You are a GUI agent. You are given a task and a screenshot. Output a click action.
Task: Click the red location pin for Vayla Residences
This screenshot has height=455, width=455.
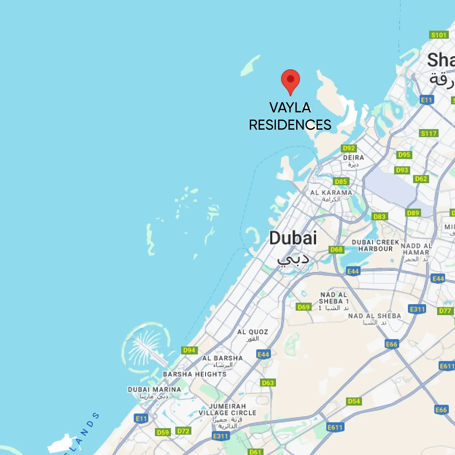[x=290, y=80]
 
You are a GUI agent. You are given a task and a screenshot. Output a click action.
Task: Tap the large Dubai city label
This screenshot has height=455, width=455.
[x=293, y=238]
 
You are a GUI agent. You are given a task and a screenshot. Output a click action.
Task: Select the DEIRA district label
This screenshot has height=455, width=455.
[x=353, y=158]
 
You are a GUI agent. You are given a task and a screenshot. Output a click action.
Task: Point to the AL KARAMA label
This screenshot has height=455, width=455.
[x=331, y=193]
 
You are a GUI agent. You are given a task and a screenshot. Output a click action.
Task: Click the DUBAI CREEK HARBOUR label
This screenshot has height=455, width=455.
[x=375, y=245]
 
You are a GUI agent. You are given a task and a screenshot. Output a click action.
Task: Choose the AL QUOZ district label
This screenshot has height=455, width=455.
[x=253, y=332]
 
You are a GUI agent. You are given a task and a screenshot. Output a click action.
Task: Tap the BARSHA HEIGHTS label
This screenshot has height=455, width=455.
[x=194, y=374]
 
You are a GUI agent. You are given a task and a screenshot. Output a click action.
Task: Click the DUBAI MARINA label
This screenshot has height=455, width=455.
[x=154, y=390]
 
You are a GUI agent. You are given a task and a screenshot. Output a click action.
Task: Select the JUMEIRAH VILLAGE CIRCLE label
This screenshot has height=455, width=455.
[x=227, y=410]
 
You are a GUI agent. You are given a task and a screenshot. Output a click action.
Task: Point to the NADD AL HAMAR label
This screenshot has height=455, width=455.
[x=416, y=249]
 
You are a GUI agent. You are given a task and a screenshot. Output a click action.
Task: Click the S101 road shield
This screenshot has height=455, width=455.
[x=439, y=35]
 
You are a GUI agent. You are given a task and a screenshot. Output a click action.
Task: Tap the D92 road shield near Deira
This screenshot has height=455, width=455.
[x=349, y=148]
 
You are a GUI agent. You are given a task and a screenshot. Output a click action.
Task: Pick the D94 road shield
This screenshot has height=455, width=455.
[x=189, y=350]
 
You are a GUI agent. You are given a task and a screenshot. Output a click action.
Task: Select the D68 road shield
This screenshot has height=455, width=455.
[x=336, y=250]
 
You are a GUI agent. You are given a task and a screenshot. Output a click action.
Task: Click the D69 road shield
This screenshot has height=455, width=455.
[x=304, y=307]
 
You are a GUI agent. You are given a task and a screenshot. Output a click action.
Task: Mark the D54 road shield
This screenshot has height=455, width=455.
[x=354, y=401]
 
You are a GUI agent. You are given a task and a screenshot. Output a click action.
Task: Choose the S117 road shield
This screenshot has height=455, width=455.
[x=429, y=133]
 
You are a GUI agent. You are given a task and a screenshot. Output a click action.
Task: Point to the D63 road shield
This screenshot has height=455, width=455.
[x=268, y=383]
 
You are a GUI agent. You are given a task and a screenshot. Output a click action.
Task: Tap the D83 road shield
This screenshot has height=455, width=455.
[x=379, y=216]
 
